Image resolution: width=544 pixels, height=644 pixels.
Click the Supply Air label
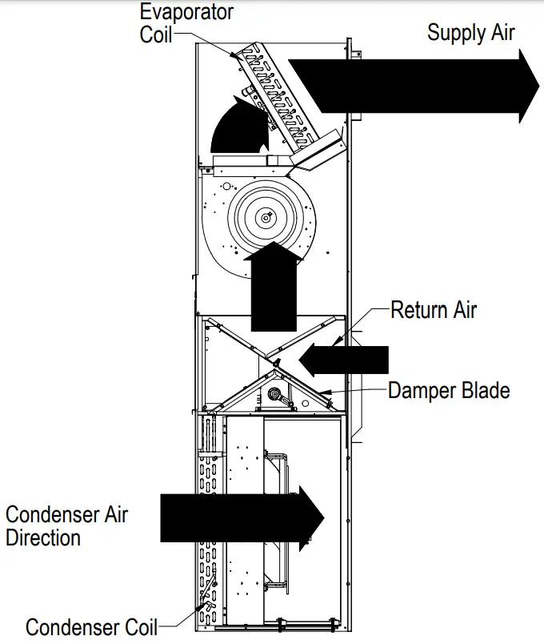coord(470,33)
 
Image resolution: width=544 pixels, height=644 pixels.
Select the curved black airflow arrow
coord(240,124)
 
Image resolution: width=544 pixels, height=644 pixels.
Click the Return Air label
coord(433,309)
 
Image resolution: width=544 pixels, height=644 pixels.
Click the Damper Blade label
coord(448,391)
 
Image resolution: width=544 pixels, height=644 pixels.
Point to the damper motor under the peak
coord(277,394)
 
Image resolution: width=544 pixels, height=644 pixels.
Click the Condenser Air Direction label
coord(66,525)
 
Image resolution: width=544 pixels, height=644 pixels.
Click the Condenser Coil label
coord(91,627)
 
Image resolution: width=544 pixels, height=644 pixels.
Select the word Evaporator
coord(186,13)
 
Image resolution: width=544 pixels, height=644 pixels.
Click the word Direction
coord(43,537)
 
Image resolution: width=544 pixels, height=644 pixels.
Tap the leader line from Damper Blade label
coord(360,391)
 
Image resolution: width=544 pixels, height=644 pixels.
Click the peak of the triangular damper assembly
coord(276,369)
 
